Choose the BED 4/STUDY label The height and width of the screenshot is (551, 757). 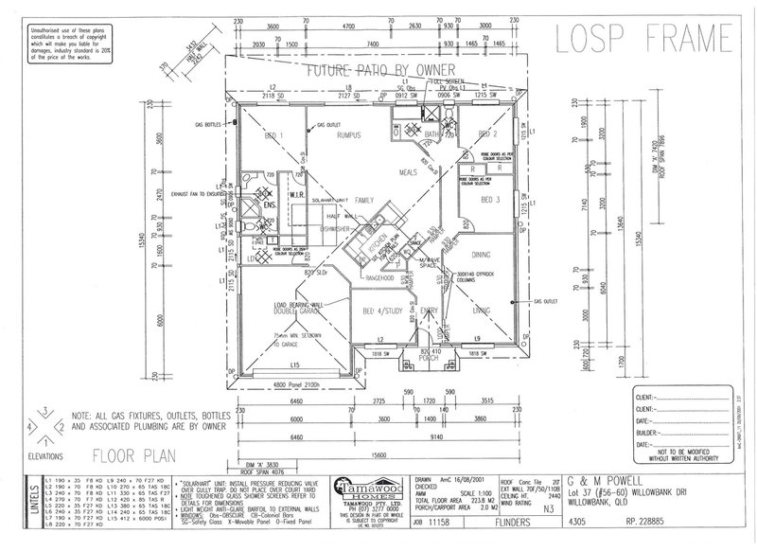pos(383,309)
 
